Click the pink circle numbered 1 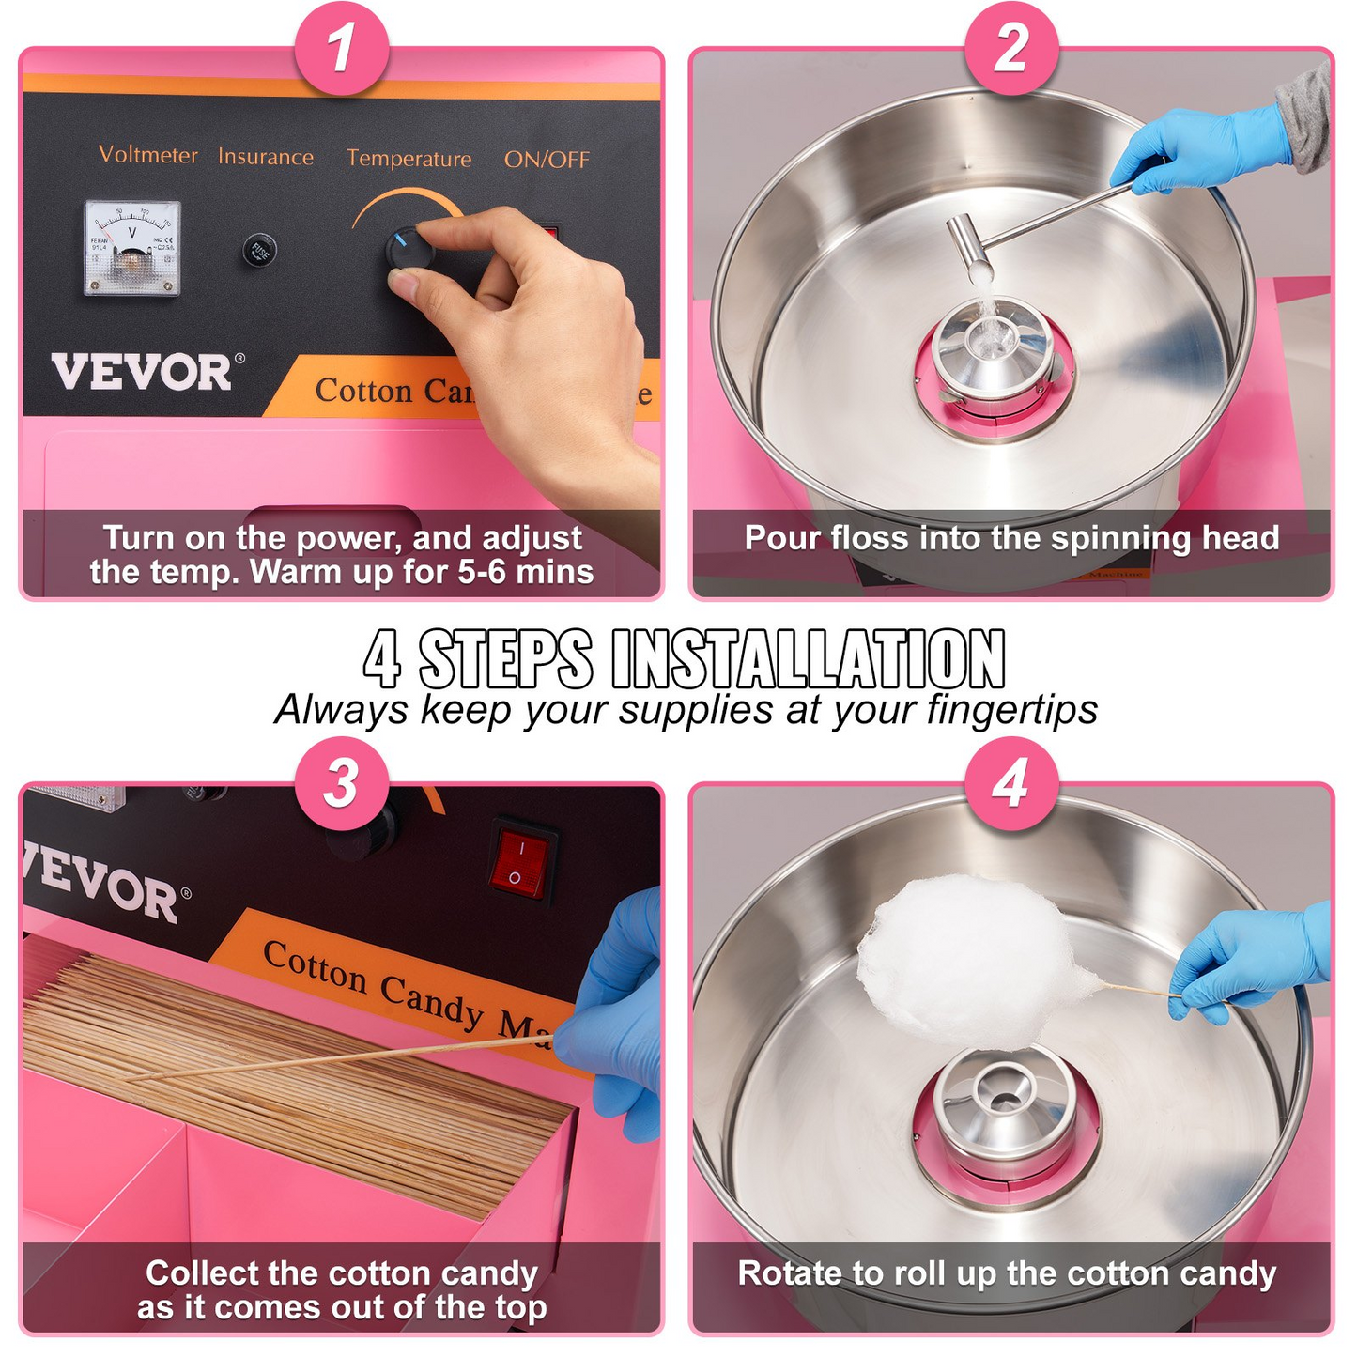(342, 48)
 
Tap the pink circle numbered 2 (1011, 48)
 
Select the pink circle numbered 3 (342, 783)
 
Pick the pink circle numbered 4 (1011, 783)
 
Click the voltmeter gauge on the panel (132, 248)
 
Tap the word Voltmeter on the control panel (148, 155)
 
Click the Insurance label (266, 157)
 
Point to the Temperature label (409, 159)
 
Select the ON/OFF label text (547, 160)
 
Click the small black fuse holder (259, 251)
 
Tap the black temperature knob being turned (409, 250)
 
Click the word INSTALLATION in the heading (808, 659)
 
